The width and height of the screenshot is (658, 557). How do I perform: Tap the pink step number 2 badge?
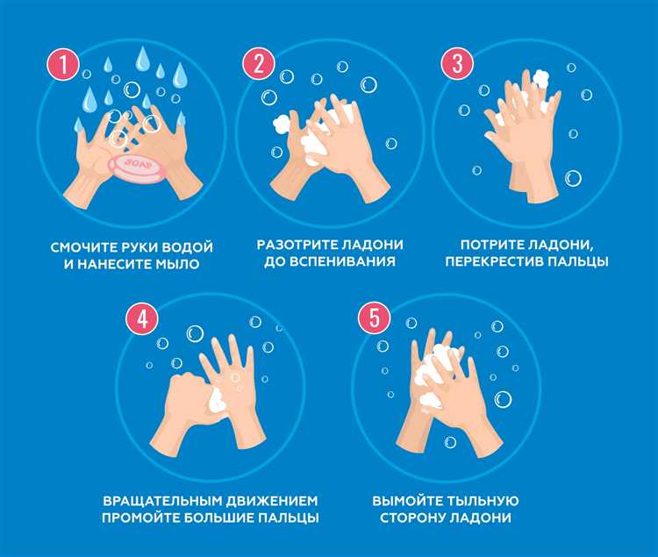(259, 63)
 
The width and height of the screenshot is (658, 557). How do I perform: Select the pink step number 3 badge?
(455, 63)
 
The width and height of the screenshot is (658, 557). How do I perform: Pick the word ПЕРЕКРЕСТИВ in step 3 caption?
(507, 261)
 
